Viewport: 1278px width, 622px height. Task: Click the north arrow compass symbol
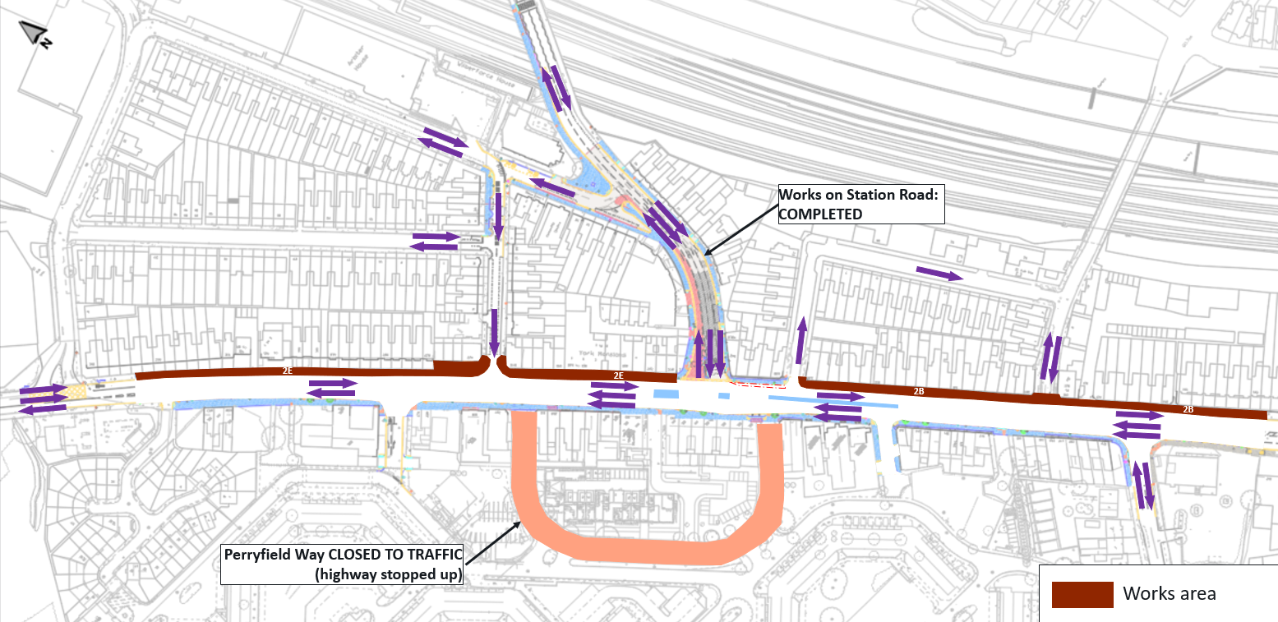(34, 34)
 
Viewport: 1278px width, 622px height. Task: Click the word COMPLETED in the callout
(821, 214)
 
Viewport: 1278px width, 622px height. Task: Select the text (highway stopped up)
(389, 574)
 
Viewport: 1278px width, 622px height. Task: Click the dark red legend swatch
(1082, 594)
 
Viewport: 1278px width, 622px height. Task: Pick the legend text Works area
(1170, 593)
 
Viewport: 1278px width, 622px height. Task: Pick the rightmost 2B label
(1188, 409)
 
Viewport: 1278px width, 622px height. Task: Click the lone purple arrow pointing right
(939, 274)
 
